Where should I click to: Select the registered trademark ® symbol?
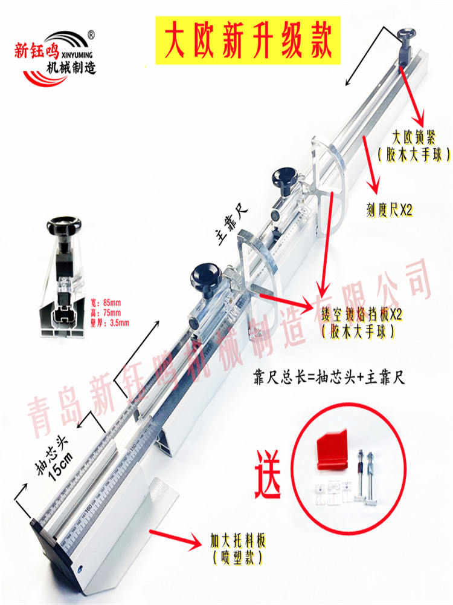[91, 34]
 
